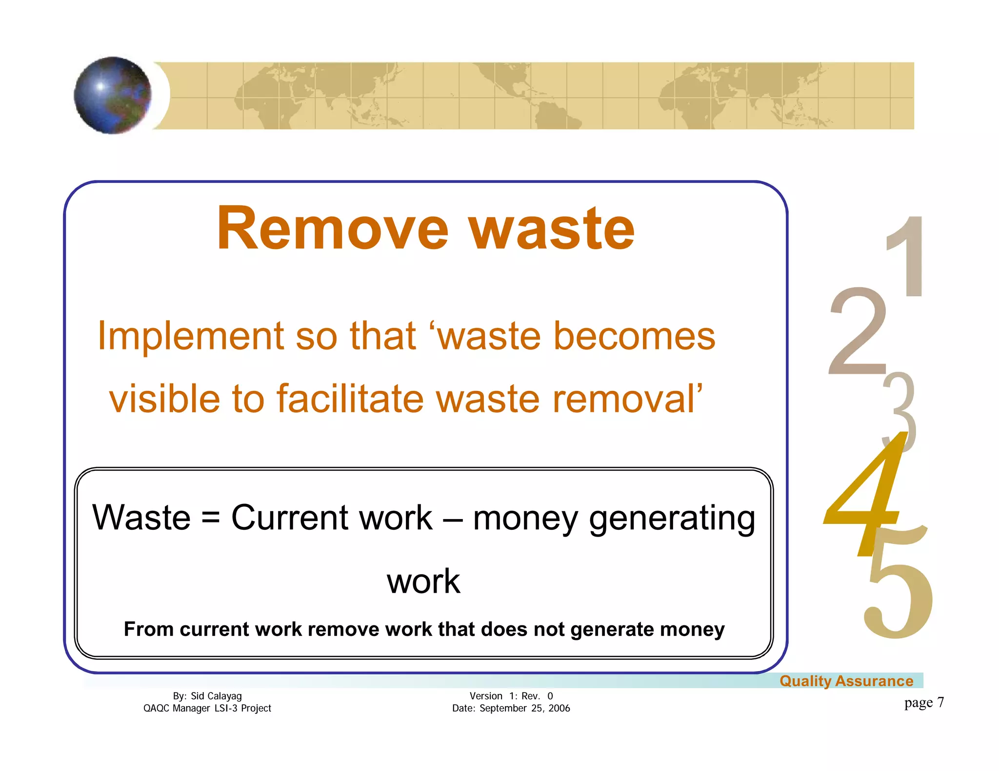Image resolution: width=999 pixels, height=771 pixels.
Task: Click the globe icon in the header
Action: tap(113, 95)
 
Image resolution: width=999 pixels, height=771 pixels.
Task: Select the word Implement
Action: tap(191, 336)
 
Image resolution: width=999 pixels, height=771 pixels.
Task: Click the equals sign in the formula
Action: tap(210, 518)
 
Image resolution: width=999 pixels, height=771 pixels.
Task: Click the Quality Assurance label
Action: tap(846, 681)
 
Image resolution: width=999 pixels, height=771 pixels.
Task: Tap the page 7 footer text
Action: tap(924, 702)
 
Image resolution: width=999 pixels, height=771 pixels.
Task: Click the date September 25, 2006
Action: tap(524, 708)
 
